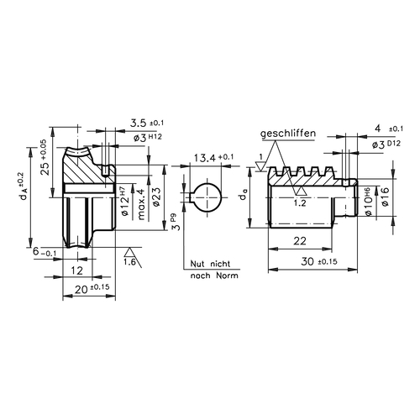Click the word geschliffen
288,134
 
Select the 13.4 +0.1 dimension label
213,158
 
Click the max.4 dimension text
141,204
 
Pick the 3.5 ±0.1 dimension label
147,123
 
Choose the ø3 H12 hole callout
148,138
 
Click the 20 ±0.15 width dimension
92,289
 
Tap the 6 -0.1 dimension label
45,252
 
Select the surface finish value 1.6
129,262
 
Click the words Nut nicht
210,264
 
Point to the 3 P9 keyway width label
176,223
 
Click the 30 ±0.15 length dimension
319,261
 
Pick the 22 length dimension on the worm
300,240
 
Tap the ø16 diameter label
385,197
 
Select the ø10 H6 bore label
369,202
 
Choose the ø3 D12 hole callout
386,144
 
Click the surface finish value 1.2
300,203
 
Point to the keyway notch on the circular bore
192,197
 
